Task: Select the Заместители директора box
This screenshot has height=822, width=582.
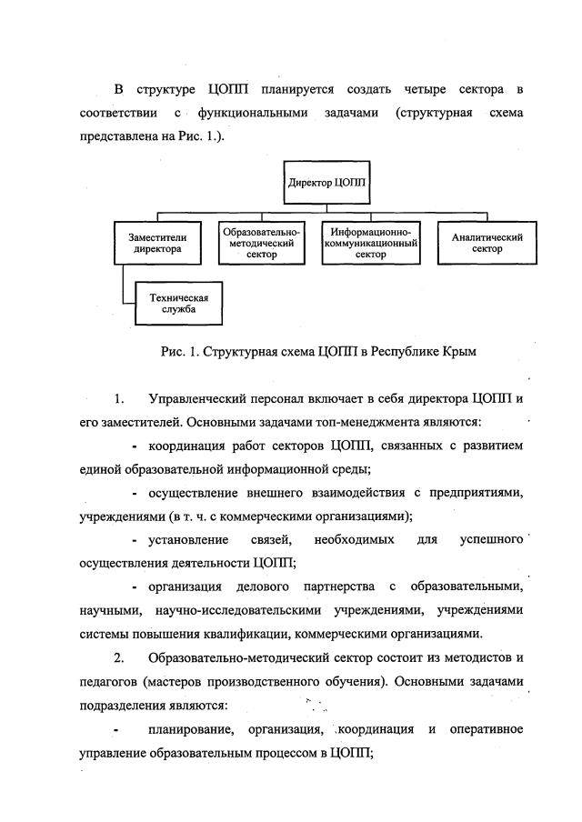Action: (x=151, y=242)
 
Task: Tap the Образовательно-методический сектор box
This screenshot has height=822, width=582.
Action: (x=262, y=244)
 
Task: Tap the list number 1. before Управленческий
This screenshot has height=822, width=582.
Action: (x=119, y=399)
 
